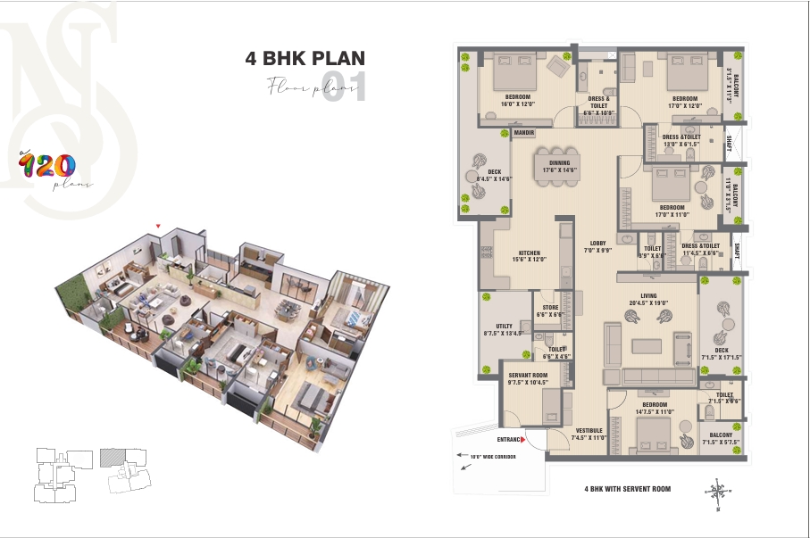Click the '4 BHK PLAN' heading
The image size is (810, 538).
[305, 60]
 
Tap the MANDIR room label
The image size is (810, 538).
[499, 133]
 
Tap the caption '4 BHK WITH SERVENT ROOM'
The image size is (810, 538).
[627, 489]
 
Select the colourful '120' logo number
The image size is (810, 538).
[47, 164]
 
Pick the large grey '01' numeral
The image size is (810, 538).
[344, 89]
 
